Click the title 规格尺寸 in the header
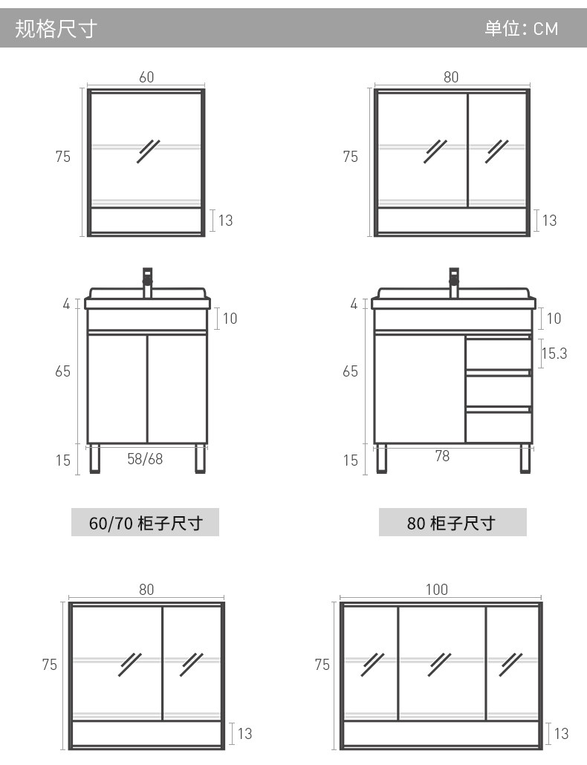point(56,29)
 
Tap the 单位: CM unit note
point(521,29)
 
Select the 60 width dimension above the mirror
point(146,77)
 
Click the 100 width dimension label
point(437,590)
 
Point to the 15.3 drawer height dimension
point(554,354)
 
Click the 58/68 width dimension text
point(145,459)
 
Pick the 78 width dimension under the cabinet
point(442,457)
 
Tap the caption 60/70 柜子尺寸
point(145,523)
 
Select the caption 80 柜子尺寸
point(452,523)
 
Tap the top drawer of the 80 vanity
point(499,354)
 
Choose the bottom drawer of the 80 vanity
point(499,427)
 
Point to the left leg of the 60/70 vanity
point(95,458)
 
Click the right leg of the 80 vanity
point(526,458)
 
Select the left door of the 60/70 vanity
point(117,388)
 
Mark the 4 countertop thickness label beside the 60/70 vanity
point(66,304)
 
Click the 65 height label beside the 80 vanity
point(350,371)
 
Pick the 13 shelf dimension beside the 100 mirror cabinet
point(561,734)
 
